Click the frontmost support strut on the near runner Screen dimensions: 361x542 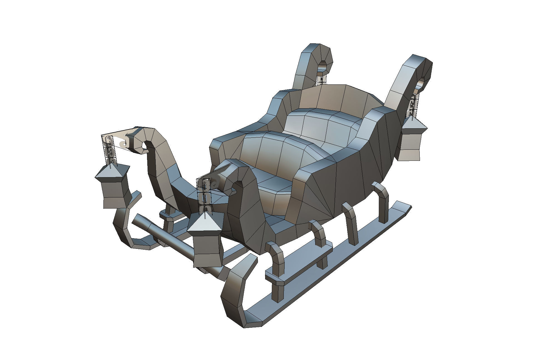pyautogui.click(x=277, y=264)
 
